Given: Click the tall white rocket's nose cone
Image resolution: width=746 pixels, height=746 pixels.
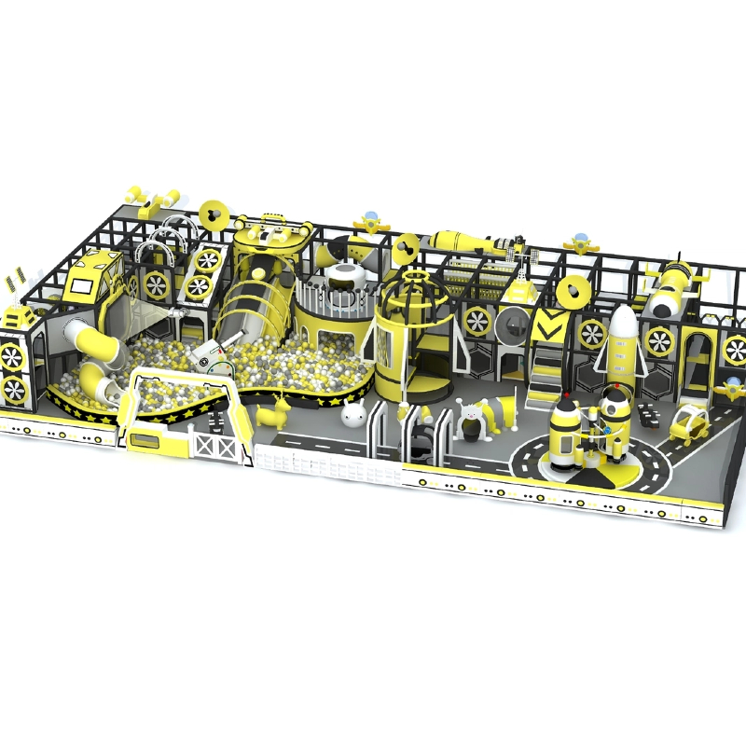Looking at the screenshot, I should click(x=622, y=323).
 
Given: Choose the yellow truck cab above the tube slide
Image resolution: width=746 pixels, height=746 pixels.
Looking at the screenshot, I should click(x=94, y=276).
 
